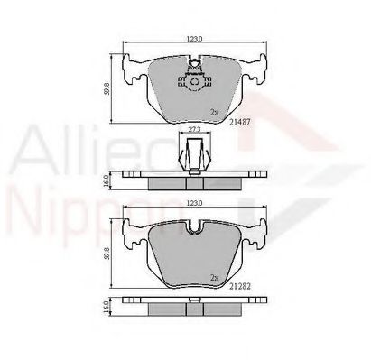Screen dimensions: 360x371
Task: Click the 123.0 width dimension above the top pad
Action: (x=192, y=37)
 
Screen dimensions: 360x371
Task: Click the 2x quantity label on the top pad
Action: (x=214, y=113)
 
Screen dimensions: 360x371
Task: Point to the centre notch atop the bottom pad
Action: (x=192, y=229)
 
